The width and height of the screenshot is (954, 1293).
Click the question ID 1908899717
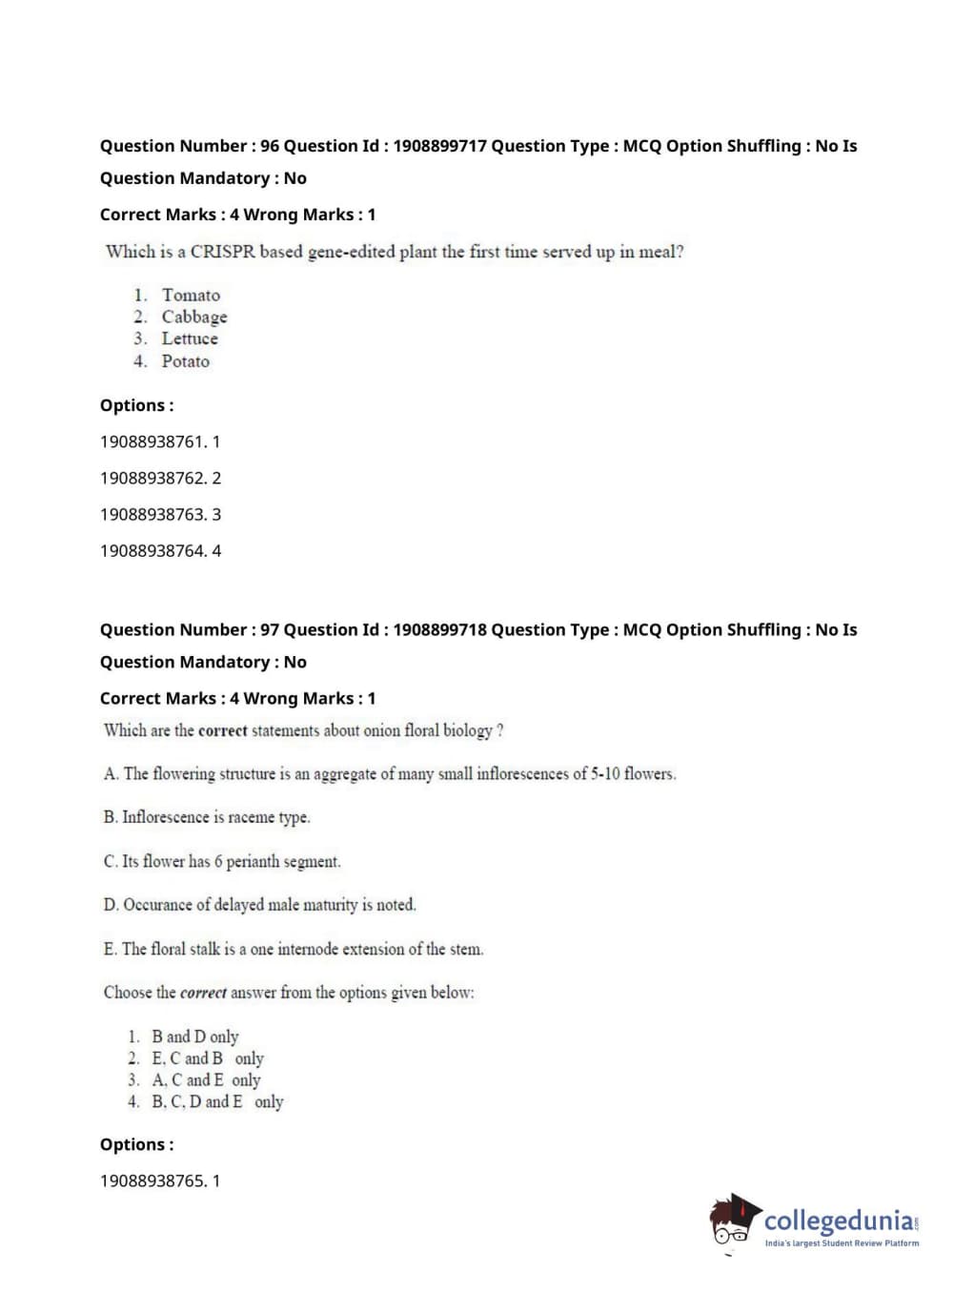[x=439, y=146]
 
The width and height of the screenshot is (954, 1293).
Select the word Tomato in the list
[x=191, y=296]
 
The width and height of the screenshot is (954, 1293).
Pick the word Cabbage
[x=194, y=318]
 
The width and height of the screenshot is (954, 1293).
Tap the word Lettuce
[x=190, y=339]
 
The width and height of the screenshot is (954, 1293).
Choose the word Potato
[x=186, y=361]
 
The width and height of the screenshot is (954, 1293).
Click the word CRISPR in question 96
[x=223, y=252]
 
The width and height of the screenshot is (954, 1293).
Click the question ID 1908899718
[x=439, y=629]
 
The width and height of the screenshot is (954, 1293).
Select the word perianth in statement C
[x=252, y=862]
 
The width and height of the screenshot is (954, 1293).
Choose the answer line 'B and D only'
[x=195, y=1036]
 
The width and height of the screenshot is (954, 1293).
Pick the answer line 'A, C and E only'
[x=206, y=1080]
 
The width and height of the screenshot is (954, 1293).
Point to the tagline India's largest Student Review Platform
[x=842, y=1243]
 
